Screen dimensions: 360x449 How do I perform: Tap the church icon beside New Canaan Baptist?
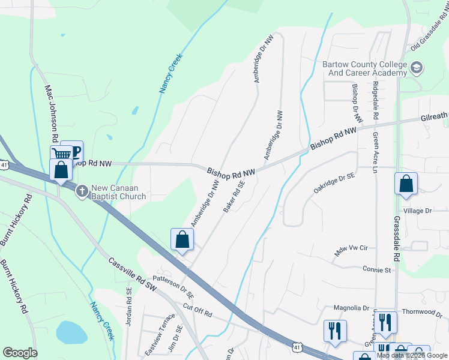click(x=82, y=190)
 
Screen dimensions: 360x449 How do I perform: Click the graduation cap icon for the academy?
click(x=417, y=68)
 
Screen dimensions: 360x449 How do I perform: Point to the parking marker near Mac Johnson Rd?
click(x=73, y=151)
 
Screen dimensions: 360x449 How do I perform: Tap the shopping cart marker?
click(x=61, y=155)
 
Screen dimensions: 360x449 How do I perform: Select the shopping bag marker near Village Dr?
click(x=406, y=183)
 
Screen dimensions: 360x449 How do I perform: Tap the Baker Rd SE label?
click(x=235, y=197)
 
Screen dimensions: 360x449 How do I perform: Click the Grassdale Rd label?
click(x=396, y=238)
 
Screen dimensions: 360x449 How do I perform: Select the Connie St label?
click(x=376, y=269)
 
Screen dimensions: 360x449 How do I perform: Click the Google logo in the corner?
click(x=20, y=353)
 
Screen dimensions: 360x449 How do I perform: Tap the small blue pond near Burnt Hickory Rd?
click(x=71, y=332)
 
